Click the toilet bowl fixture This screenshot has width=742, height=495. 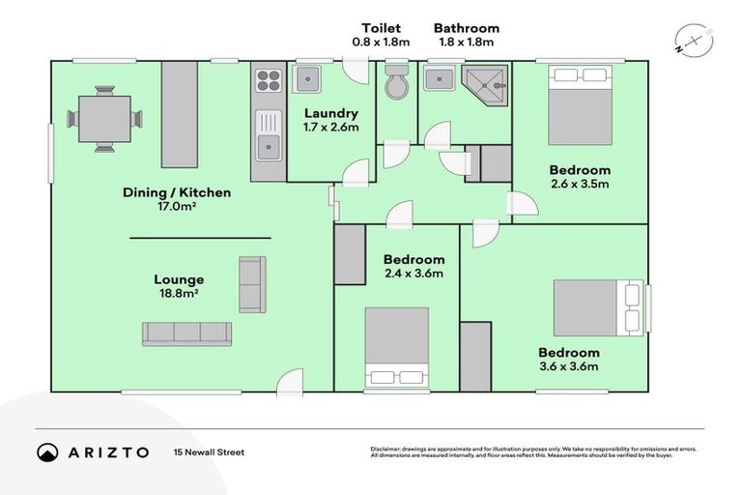coord(396,83)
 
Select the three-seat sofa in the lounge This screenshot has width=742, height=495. coord(186,334)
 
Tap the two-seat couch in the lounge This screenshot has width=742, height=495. coord(251,284)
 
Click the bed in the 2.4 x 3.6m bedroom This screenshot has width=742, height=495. coord(396,348)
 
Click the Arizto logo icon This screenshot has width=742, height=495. coord(46,452)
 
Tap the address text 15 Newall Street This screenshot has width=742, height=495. coord(208,452)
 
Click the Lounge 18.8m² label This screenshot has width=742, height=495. coord(183,287)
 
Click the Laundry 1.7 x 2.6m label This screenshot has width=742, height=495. coord(330,120)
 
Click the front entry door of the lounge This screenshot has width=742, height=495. coord(290,383)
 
